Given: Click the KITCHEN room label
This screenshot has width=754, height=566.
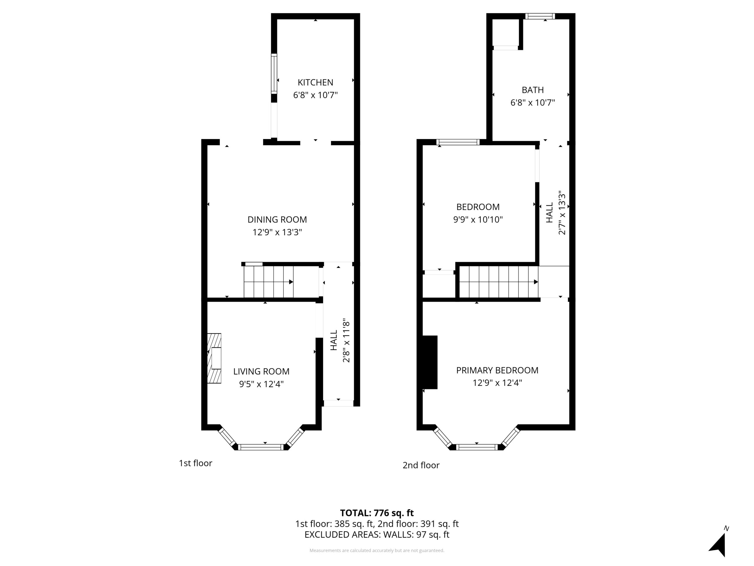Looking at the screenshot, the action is (x=315, y=82).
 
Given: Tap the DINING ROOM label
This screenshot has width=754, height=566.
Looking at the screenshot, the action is (x=277, y=219).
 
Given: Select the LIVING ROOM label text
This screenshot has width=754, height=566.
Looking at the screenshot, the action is (x=261, y=371).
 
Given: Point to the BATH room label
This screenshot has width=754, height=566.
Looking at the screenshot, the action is (x=533, y=90).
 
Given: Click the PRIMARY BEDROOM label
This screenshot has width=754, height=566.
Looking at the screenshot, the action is (x=497, y=370).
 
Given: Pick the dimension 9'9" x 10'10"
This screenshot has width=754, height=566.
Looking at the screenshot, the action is (x=478, y=219).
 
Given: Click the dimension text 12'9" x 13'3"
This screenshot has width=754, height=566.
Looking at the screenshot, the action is (x=277, y=232).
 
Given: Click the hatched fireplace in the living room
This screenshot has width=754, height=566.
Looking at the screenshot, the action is (x=214, y=358).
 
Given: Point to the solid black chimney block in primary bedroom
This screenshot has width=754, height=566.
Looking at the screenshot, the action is (x=430, y=362).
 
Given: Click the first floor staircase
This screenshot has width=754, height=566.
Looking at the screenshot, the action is (x=269, y=282).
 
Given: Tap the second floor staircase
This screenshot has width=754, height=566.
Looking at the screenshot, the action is (x=498, y=282).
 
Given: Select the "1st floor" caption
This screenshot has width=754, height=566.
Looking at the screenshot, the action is (x=195, y=463).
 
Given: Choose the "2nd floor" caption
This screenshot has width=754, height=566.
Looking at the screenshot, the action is (x=421, y=465).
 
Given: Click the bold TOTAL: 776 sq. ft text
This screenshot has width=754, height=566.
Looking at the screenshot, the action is (x=377, y=513).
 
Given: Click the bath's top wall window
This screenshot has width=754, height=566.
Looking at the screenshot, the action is (x=540, y=16).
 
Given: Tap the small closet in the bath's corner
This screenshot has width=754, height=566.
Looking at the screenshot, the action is (x=506, y=32).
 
